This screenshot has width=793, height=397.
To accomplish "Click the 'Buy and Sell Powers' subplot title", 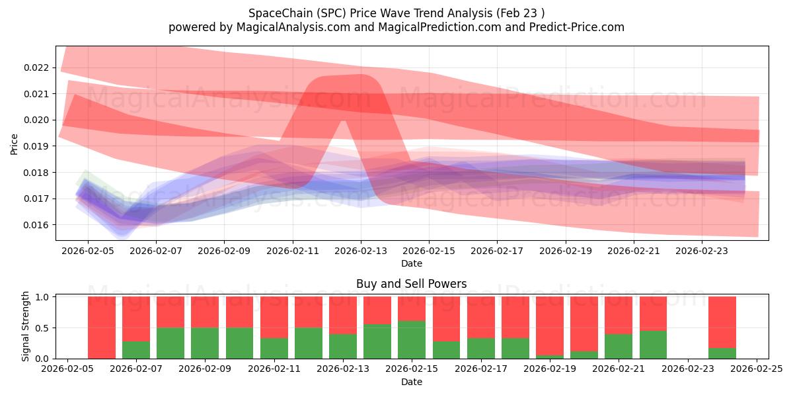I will [411, 284].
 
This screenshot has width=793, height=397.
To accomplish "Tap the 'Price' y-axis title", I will [15, 143].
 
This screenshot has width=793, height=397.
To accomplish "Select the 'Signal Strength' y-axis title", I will [25, 326].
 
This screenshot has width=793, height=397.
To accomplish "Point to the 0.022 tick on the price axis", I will [36, 67].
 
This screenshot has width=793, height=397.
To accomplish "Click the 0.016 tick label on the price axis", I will [36, 225].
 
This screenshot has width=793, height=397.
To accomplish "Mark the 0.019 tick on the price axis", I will [36, 146].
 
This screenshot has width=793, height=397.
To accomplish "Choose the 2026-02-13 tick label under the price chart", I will [361, 251].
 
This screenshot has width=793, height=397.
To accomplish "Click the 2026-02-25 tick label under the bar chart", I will [757, 369].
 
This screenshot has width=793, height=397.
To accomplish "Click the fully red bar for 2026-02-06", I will [102, 328].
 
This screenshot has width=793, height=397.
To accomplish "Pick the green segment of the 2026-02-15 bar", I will [412, 339].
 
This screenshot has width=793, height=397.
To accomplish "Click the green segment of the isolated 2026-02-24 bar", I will [722, 353].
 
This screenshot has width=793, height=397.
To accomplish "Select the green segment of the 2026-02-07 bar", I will [136, 350].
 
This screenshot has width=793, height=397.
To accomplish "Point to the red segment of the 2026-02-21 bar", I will [619, 315].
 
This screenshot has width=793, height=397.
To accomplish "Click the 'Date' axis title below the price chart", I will [411, 263].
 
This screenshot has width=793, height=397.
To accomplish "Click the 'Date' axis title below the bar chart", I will [411, 382].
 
